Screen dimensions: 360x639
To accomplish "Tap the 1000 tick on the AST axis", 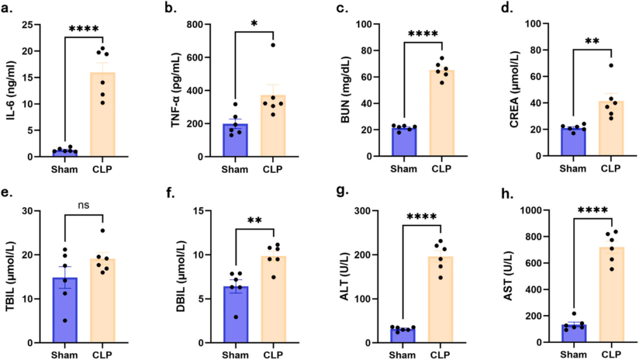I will [x=534, y=210].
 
